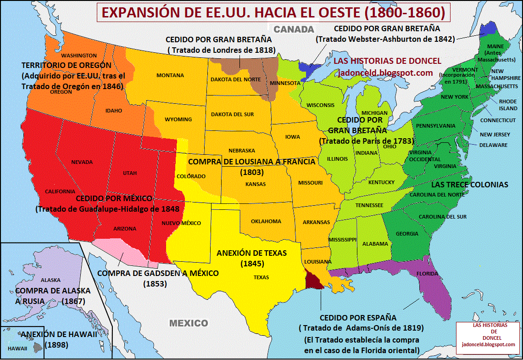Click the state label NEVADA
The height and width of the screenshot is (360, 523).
coord(82,162)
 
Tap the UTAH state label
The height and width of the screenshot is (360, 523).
coord(130,173)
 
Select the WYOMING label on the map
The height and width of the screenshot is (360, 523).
coord(178,119)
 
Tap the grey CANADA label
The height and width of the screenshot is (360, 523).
coord(294,29)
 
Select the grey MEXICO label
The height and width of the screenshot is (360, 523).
coord(189,323)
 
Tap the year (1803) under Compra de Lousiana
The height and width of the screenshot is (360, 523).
coord(251,172)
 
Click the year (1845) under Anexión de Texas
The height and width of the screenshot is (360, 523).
coord(251,264)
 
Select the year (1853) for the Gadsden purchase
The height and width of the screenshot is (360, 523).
coord(155,284)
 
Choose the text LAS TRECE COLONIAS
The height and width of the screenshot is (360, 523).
coord(469,185)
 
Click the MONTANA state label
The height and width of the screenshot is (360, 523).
coord(170,75)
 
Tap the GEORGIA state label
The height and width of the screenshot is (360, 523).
coord(407,234)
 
